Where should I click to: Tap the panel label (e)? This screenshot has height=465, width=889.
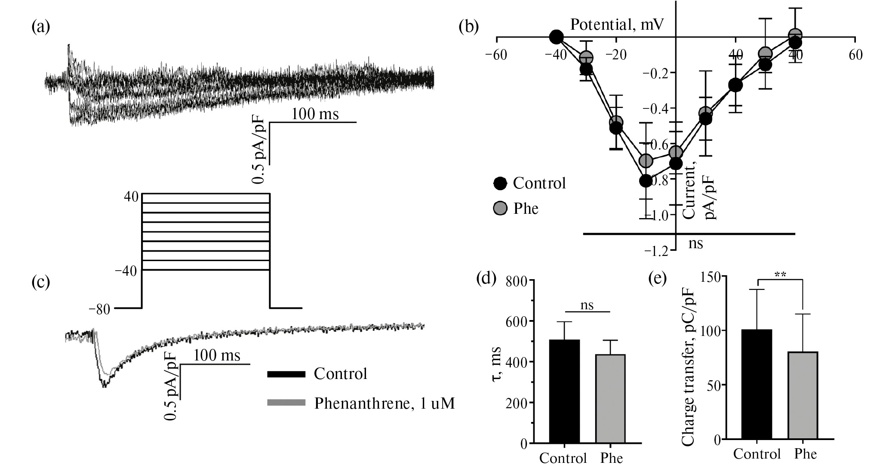pos(657,279)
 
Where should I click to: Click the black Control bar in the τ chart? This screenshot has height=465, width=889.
pos(564,391)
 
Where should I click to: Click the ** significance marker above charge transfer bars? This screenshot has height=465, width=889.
pos(780,274)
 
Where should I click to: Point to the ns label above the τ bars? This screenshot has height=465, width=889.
pos(587,305)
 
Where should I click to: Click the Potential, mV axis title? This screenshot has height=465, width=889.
pos(617,25)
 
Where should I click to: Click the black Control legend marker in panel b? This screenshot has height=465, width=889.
pos(500,183)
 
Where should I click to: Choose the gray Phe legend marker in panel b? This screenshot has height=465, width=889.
pos(500,208)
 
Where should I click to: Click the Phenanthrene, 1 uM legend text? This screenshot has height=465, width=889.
pos(384,403)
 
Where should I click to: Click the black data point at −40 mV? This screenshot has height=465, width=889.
pos(556,37)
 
